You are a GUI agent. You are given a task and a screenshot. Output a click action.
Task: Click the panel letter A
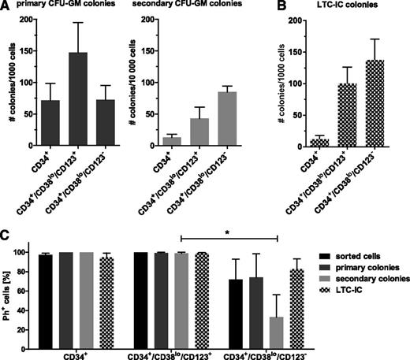coord(6,6)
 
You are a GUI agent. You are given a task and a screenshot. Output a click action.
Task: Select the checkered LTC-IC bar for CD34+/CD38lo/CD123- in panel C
coord(297,302)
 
